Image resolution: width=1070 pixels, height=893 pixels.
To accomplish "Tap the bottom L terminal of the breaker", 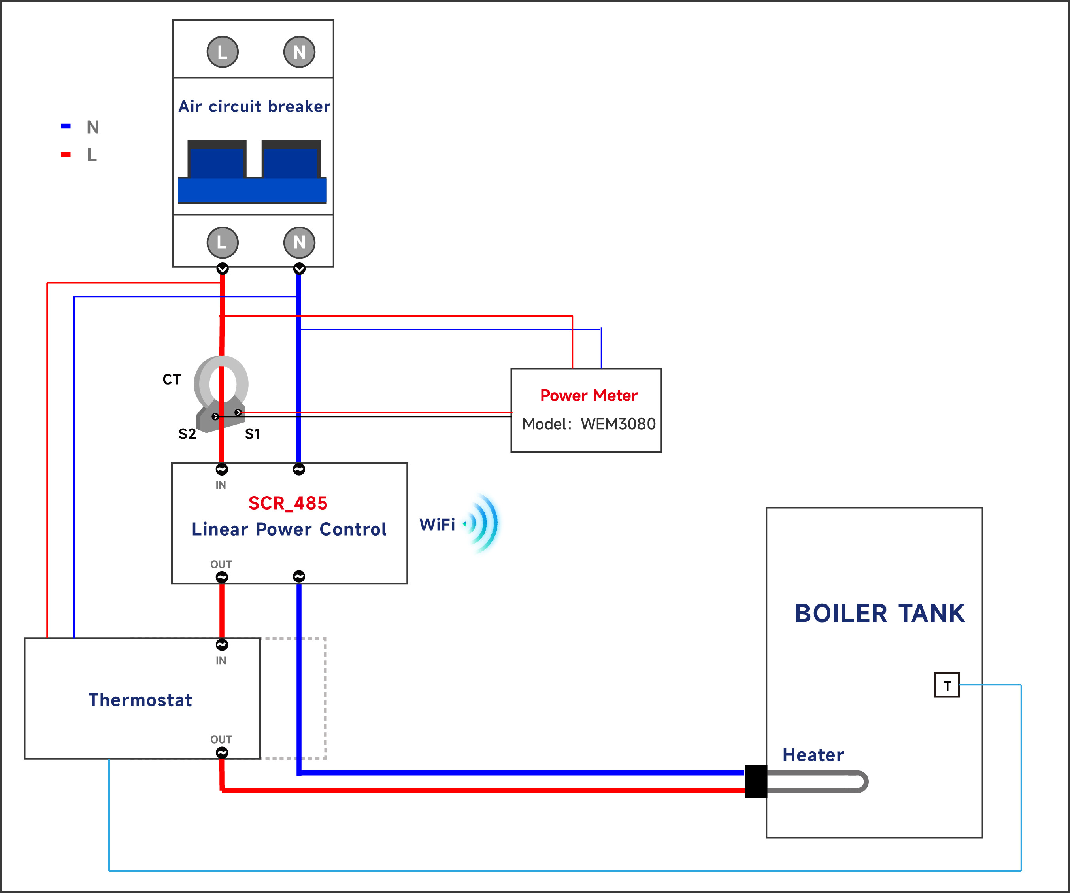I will coord(222,242).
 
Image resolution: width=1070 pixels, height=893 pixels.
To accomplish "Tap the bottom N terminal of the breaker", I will coord(299,242).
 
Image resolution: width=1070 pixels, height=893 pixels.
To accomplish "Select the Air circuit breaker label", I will coord(254,106).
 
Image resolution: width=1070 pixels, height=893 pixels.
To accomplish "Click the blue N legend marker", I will coord(66,126).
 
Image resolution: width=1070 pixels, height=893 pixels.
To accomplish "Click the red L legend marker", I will coord(66,155).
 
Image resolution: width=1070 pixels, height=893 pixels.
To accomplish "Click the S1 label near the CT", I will coord(252,434).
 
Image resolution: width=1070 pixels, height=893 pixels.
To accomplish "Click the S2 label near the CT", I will coord(187,434).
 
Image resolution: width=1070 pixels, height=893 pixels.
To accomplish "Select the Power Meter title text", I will coord(589,396).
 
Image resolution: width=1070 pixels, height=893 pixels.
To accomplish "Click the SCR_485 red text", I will coord(288,503).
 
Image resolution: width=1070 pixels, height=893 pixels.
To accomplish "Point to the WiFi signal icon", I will coord(481,523).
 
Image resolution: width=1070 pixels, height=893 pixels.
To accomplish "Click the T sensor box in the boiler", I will coord(946,685).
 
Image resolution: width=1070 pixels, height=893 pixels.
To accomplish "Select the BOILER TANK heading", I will coord(879,614).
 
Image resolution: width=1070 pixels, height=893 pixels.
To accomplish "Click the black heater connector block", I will coord(755,782).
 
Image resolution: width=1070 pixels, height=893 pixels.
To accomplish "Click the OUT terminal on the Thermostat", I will coord(222,752).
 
